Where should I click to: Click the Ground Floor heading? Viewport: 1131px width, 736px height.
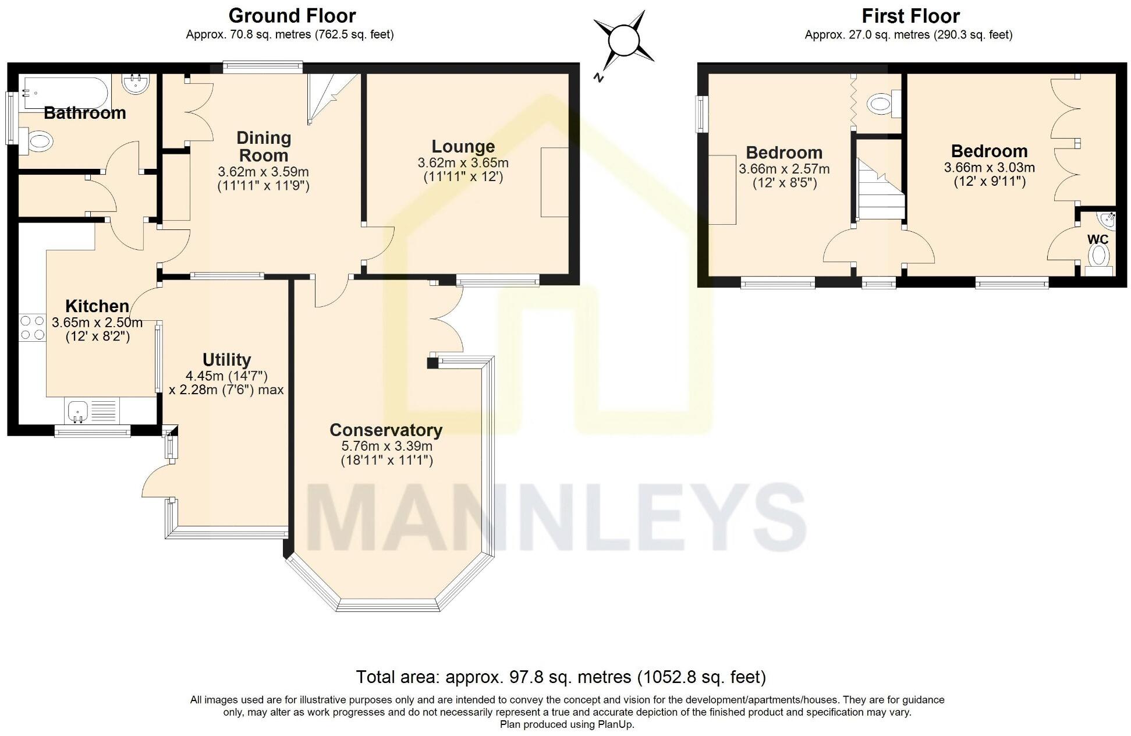(292, 15)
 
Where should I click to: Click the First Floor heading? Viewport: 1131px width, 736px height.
(910, 15)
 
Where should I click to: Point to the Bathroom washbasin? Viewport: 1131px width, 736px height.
(137, 83)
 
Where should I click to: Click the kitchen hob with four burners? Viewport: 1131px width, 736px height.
(33, 328)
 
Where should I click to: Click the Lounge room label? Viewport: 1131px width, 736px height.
(463, 146)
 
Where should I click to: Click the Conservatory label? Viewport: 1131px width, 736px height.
(386, 430)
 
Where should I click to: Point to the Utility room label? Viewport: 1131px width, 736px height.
(226, 359)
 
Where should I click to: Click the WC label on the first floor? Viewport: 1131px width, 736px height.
(1098, 239)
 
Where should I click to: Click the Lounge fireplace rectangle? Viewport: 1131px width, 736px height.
(555, 182)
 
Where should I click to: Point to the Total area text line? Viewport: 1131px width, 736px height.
(561, 677)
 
